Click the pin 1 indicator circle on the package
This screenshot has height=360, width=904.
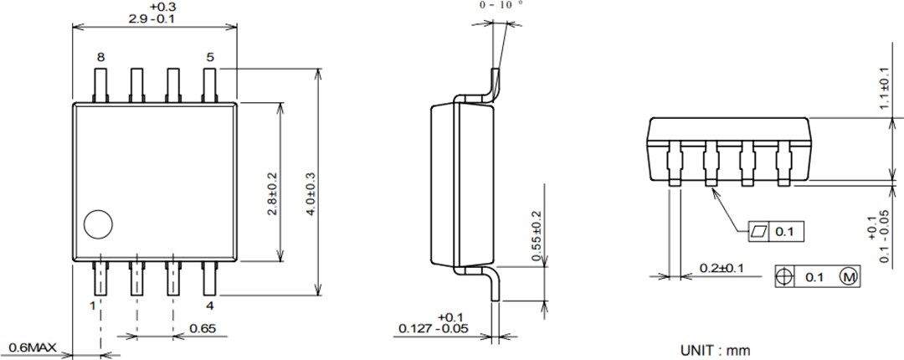(x=98, y=224)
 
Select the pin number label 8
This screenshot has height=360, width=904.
(x=100, y=58)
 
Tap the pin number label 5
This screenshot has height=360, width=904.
(x=210, y=58)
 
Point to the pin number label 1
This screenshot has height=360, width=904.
(x=93, y=306)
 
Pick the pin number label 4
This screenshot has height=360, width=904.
(x=210, y=306)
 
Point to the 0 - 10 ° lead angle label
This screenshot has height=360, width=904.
(x=501, y=5)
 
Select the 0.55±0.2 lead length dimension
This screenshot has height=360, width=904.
(x=537, y=237)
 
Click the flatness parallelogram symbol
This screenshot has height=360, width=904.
(x=758, y=231)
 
